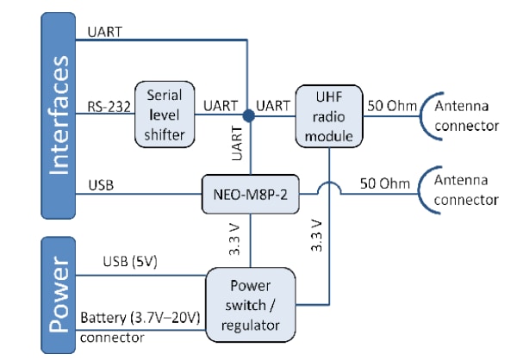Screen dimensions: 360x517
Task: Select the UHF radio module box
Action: (x=328, y=115)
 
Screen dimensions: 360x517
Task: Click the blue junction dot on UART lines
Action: (x=248, y=115)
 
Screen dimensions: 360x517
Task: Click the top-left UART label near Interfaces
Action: (x=104, y=32)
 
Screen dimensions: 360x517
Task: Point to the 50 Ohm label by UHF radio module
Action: (x=392, y=106)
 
